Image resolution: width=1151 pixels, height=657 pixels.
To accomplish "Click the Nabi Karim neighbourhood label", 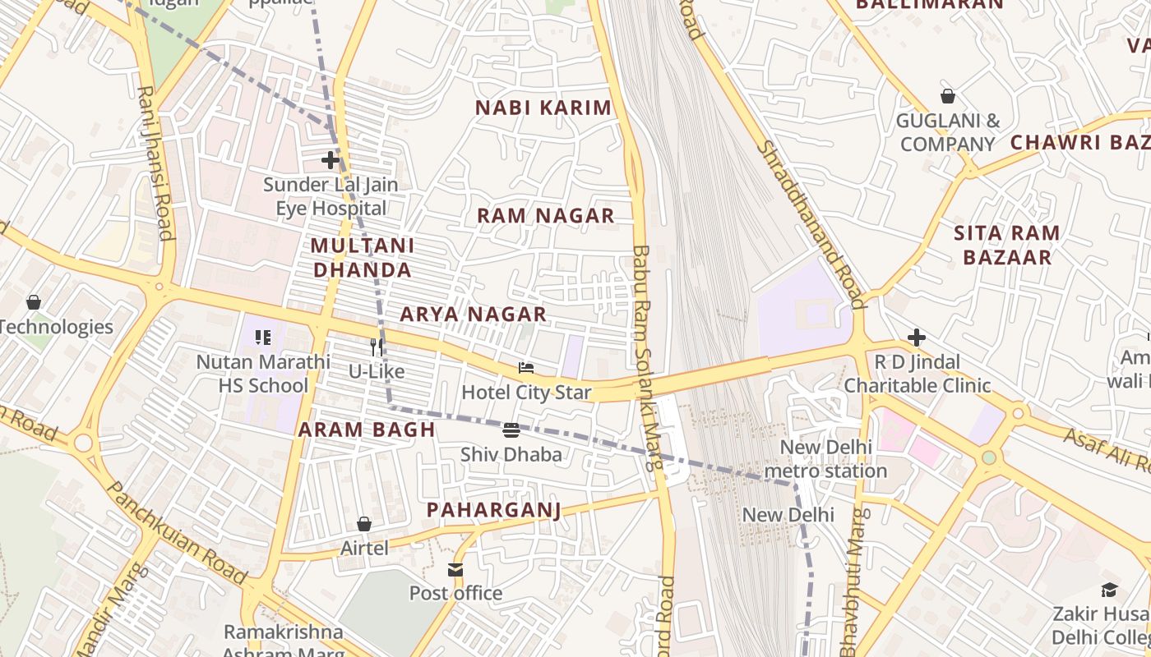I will (543, 108).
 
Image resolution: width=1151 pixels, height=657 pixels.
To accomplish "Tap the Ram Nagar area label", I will (546, 216).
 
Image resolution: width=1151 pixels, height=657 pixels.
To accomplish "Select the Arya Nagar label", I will (474, 315).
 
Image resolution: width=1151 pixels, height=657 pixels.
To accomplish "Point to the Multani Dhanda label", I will (362, 258).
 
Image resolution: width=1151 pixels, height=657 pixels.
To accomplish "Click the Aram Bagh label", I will (367, 430).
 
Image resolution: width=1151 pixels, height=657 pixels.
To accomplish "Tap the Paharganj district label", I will (493, 510).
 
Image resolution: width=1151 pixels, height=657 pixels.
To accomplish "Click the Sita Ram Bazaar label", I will (1007, 245).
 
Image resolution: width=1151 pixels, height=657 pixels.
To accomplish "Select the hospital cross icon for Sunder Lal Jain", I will (331, 160).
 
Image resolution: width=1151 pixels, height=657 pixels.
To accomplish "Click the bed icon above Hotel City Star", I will (526, 369).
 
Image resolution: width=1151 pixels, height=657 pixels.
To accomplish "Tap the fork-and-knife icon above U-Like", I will (377, 347).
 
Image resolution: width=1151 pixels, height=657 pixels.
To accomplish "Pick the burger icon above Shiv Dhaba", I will (511, 430).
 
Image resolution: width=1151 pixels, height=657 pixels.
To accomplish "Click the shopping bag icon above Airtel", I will (364, 524).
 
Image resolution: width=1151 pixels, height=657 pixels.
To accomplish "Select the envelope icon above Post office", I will (455, 569).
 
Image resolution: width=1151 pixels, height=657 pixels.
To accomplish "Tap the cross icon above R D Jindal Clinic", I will (917, 338).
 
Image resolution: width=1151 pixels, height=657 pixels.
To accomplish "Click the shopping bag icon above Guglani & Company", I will (948, 96).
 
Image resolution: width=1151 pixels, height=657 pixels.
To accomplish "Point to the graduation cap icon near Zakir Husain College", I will (1109, 590).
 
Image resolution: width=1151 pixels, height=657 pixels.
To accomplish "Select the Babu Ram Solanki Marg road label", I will (647, 357).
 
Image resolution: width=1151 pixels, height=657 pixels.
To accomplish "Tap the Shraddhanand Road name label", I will (810, 224).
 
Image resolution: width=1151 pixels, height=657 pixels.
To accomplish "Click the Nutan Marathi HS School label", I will (263, 374).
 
